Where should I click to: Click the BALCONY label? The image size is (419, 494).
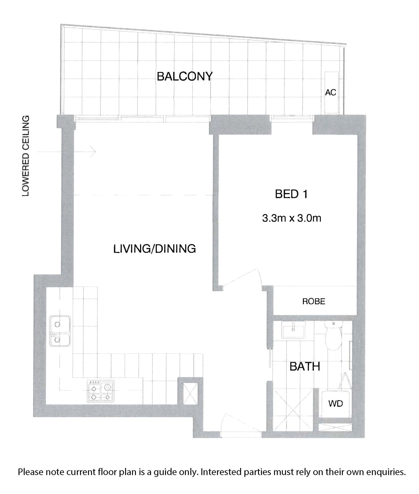click(185, 76)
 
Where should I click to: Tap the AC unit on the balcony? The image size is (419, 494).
click(331, 93)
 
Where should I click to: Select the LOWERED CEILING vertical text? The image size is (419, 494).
click(26, 156)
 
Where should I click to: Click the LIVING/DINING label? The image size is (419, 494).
click(154, 249)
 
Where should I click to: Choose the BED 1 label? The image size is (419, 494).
click(291, 194)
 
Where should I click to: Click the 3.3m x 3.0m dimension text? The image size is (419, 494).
click(291, 218)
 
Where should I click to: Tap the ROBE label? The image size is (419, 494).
click(314, 301)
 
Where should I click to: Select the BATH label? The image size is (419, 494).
click(305, 366)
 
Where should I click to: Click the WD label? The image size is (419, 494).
click(336, 404)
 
